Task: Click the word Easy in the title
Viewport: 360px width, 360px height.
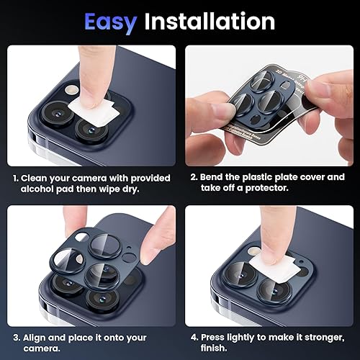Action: pyautogui.click(x=112, y=22)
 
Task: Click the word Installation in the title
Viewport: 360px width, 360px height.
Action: pyautogui.click(x=209, y=22)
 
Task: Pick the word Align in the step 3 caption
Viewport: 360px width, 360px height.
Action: pyautogui.click(x=36, y=338)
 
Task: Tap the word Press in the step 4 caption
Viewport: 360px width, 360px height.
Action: pyautogui.click(x=215, y=338)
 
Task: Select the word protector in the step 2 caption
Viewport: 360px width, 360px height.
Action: pyautogui.click(x=268, y=189)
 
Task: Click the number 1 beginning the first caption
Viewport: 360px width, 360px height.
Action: pyautogui.click(x=16, y=177)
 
